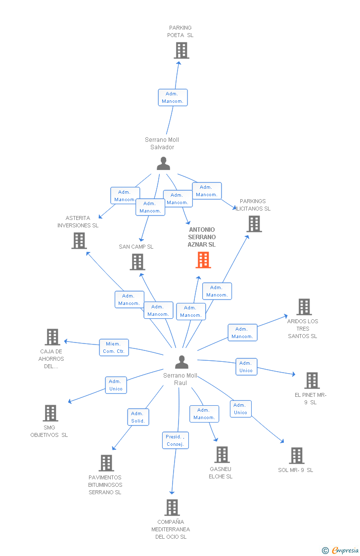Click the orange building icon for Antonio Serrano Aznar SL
[x=203, y=260]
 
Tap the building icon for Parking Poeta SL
[x=181, y=50]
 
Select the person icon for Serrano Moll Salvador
[x=163, y=164]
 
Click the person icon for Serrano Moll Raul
[x=181, y=362]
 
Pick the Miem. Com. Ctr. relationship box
[x=114, y=347]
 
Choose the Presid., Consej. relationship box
[x=175, y=440]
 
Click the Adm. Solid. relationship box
[x=138, y=417]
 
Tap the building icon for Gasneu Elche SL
[x=222, y=455]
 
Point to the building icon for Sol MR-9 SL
[x=296, y=456]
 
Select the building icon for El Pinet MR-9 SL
[x=312, y=381]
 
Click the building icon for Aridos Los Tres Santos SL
[x=304, y=307]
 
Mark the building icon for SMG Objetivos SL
[x=50, y=413]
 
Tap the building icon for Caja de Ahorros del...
[x=52, y=337]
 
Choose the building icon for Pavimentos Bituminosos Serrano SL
[x=106, y=463]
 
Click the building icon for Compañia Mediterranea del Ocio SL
[x=172, y=508]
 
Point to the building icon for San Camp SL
[x=137, y=262]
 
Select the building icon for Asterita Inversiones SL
[x=79, y=241]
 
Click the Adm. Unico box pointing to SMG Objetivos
[x=116, y=385]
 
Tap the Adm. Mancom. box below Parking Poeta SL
[x=173, y=97]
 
